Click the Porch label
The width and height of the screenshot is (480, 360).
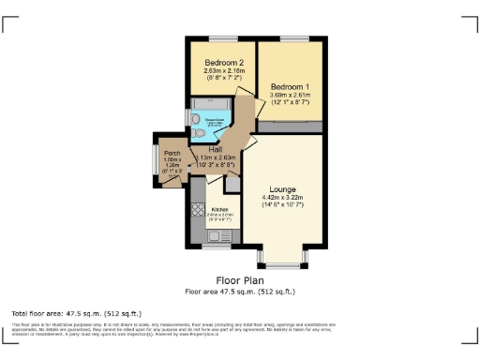172,154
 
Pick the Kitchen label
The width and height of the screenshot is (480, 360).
220,209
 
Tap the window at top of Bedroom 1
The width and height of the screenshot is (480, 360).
292,38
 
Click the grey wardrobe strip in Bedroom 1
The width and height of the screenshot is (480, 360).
291,126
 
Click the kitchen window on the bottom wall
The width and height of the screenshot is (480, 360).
215,247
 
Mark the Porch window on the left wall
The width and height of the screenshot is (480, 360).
156,164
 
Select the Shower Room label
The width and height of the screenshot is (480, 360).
214,119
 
